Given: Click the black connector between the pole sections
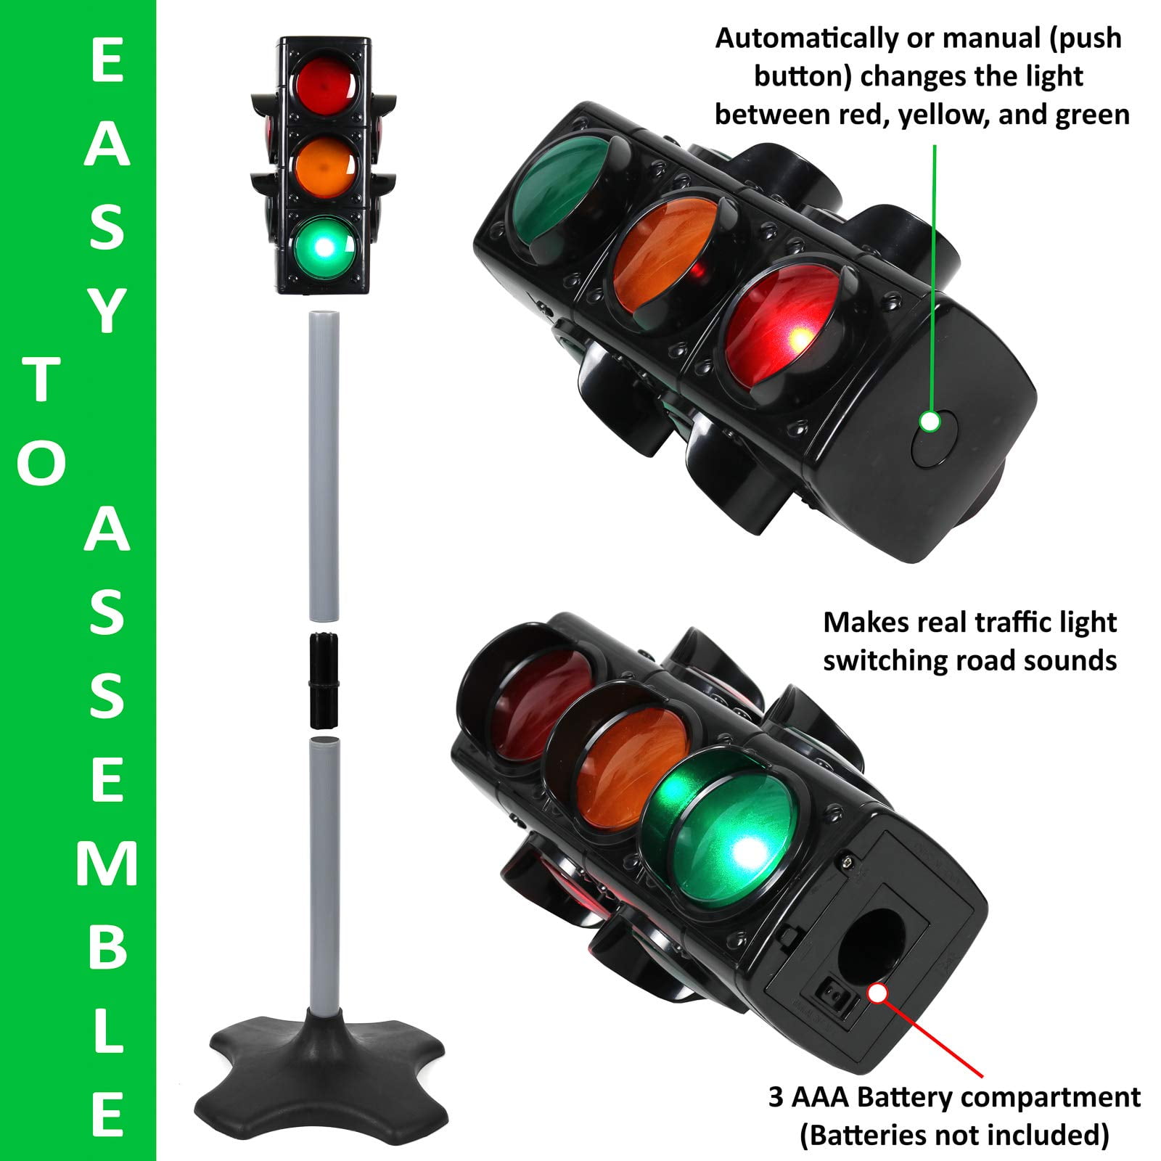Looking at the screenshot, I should (325, 680).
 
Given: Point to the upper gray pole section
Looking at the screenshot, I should (324, 464).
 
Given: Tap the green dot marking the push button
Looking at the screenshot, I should (930, 422).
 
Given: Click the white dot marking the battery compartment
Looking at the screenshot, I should (879, 993).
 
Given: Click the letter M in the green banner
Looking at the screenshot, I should (106, 865).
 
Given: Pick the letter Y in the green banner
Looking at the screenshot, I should (106, 308).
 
